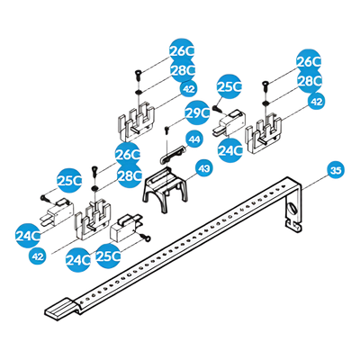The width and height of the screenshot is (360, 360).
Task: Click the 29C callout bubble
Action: [x=197, y=112]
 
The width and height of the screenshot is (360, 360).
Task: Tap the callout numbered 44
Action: [x=194, y=139]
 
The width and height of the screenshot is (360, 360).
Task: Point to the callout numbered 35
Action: [x=336, y=170]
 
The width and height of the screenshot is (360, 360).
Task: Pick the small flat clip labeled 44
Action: [x=172, y=155]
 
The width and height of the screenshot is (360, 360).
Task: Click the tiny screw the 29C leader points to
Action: [x=167, y=130]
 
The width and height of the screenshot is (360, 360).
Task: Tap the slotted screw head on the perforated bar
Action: [x=292, y=210]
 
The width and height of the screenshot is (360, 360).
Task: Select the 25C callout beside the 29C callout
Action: [x=229, y=86]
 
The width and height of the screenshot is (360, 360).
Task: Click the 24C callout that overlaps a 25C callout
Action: [x=78, y=260]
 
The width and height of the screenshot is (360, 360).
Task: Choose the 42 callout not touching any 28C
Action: [x=38, y=256]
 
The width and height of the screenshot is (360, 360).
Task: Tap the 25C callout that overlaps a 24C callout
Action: [x=108, y=256]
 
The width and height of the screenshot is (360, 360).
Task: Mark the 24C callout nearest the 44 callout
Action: [x=229, y=150]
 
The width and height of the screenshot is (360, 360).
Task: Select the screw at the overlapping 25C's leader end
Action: [x=146, y=238]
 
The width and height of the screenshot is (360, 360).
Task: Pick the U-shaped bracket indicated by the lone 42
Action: [x=93, y=220]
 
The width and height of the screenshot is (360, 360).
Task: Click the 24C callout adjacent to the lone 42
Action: [x=28, y=236]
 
